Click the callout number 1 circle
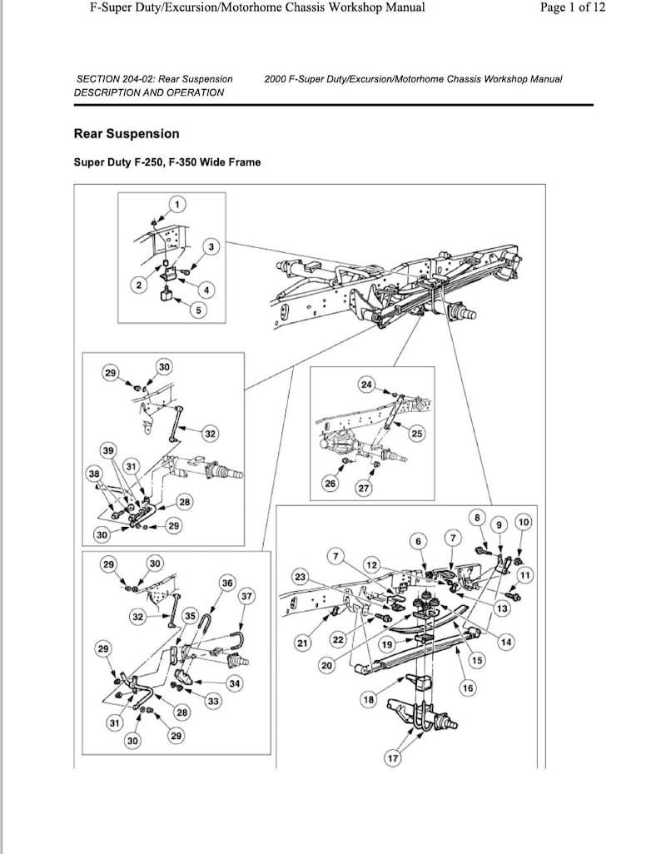click(176, 205)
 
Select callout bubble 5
click(197, 310)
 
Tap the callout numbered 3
click(211, 247)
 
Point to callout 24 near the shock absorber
click(367, 384)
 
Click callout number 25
click(417, 432)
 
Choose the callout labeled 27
click(364, 489)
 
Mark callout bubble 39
click(108, 450)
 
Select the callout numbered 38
click(94, 474)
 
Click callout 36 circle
click(227, 583)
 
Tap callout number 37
click(246, 596)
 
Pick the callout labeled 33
click(213, 702)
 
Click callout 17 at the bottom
click(391, 758)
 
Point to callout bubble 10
click(523, 522)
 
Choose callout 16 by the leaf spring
click(467, 688)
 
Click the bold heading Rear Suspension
click(126, 133)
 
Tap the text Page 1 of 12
click(573, 7)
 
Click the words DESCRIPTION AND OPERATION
click(149, 92)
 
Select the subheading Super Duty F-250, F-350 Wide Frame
click(166, 161)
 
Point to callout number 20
click(326, 666)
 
